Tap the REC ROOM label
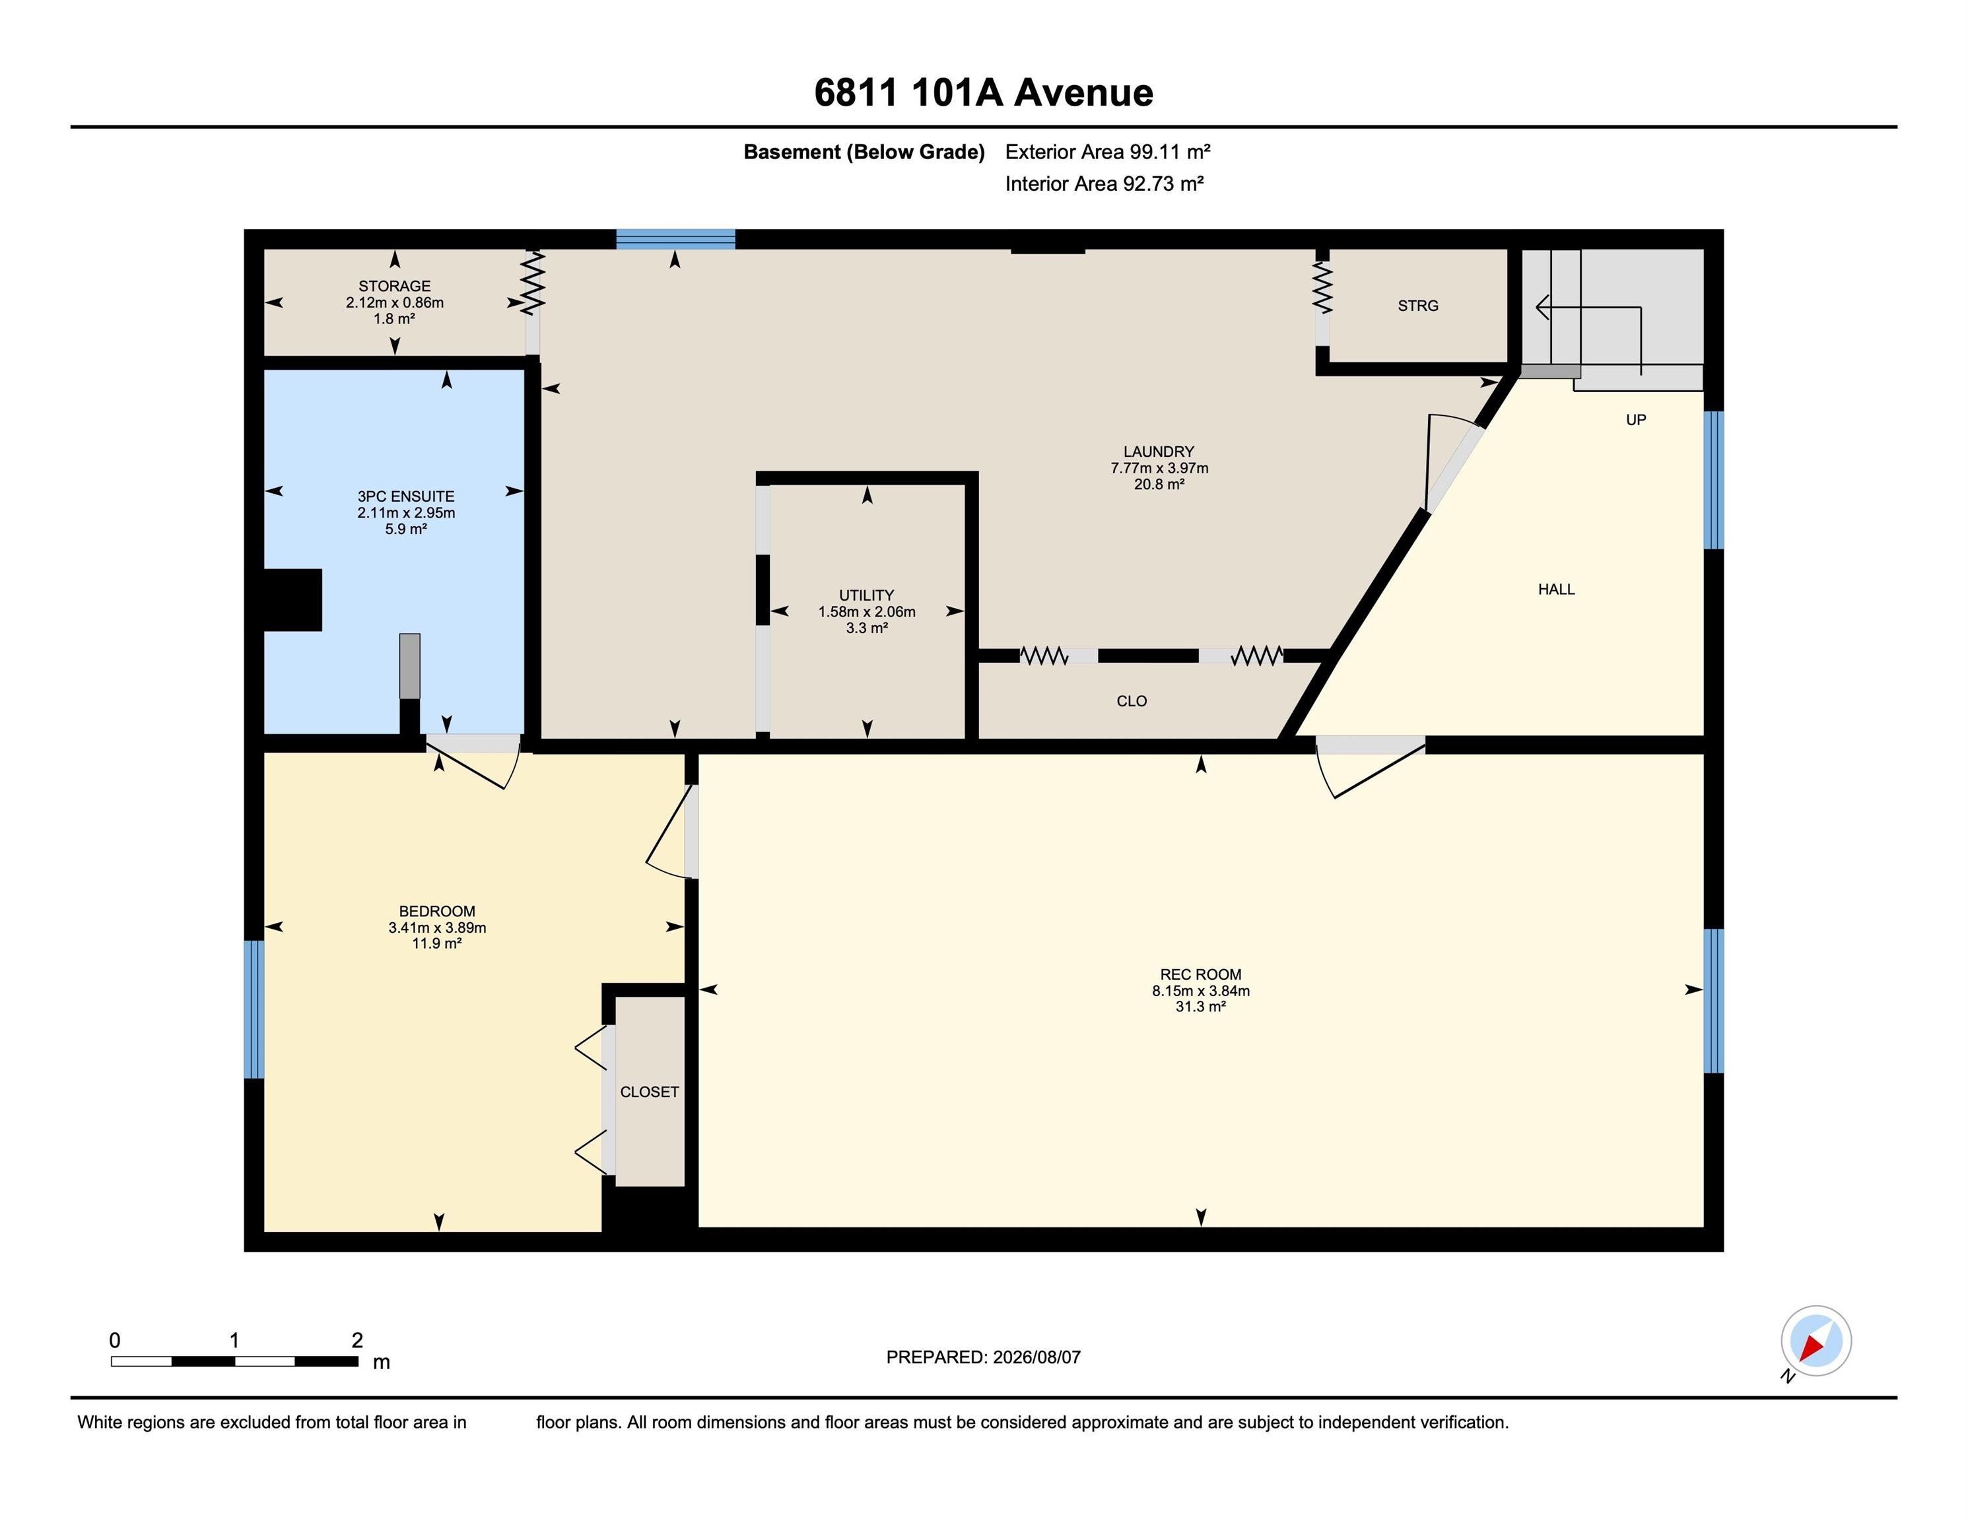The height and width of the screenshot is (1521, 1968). tap(1200, 974)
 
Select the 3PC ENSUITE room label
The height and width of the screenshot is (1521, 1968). tap(405, 496)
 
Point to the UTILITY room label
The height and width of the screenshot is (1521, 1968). tap(867, 595)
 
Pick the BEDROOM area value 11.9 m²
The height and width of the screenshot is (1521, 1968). tap(437, 943)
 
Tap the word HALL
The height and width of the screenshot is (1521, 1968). tap(1556, 590)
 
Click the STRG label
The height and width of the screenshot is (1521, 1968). tap(1417, 306)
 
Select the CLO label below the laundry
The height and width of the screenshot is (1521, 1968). tap(1132, 701)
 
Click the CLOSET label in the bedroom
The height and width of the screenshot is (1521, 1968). tap(649, 1092)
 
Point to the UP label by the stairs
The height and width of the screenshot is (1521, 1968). tap(1635, 420)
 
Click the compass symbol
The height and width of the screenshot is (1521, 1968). tap(1815, 1341)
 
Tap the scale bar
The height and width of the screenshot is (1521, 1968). tap(234, 1361)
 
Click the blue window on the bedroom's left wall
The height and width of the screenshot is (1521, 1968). tap(254, 1009)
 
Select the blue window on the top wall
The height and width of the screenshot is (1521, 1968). tap(676, 239)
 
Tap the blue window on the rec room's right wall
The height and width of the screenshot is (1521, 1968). tap(1714, 1001)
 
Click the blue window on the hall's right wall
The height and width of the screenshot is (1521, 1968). tap(1714, 481)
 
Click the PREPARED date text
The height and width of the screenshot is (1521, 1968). tap(983, 1357)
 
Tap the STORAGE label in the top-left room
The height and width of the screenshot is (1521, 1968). tap(395, 287)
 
